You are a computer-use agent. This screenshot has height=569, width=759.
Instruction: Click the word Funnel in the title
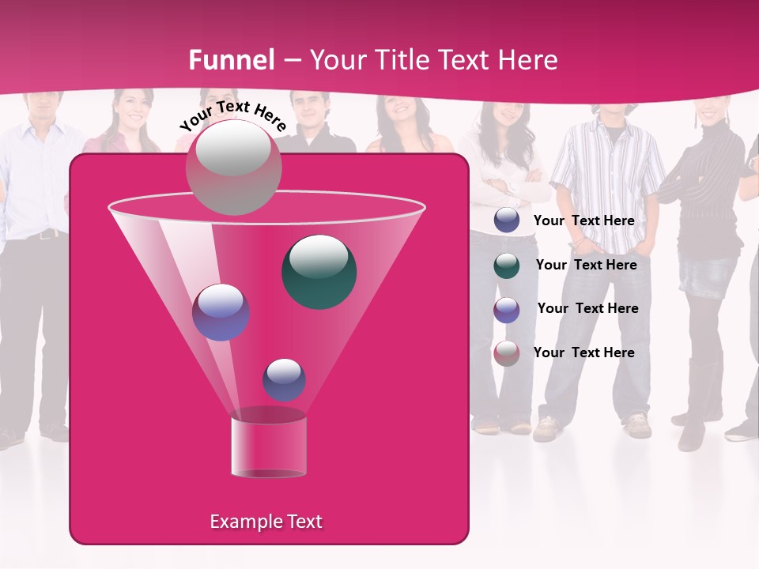click(x=232, y=60)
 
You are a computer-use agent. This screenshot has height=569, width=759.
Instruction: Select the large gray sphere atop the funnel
click(x=233, y=168)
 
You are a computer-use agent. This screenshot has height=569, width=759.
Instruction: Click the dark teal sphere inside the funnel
click(x=319, y=271)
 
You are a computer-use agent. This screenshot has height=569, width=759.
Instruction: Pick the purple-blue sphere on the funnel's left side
click(x=221, y=312)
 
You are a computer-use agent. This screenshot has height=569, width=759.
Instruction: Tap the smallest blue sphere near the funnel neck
click(x=284, y=379)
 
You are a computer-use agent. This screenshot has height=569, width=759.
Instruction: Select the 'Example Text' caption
click(x=266, y=522)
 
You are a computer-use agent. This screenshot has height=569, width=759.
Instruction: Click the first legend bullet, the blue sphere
click(x=507, y=220)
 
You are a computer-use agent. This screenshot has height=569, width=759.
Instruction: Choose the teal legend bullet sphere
click(x=507, y=266)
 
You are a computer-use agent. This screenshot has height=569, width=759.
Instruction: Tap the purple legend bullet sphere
click(x=507, y=309)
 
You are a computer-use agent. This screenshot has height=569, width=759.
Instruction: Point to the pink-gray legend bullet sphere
click(x=507, y=352)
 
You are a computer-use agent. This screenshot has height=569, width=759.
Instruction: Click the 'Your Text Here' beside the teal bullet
click(x=586, y=265)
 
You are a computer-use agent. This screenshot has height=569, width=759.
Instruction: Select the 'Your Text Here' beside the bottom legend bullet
click(x=584, y=352)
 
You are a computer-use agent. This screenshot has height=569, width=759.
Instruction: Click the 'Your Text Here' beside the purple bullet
click(x=587, y=308)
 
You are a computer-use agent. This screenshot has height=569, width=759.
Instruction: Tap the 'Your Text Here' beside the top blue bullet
click(x=584, y=220)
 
